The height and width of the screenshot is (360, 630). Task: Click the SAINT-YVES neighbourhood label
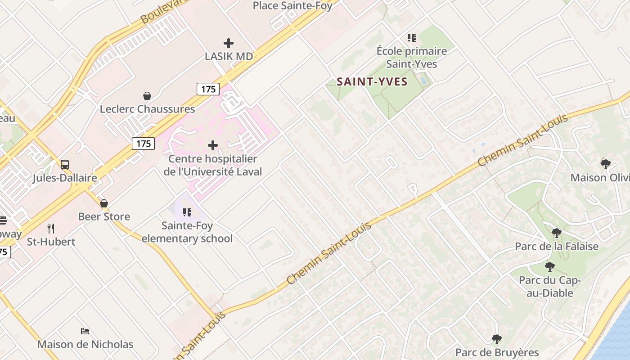point(372,82)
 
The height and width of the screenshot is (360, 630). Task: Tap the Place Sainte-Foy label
point(292,6)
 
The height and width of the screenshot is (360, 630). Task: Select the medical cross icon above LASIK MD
point(229,43)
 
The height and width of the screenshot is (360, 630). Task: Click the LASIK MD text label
point(229,57)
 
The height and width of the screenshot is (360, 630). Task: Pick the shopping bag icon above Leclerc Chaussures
point(147,96)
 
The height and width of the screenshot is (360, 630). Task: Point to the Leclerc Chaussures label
point(147,109)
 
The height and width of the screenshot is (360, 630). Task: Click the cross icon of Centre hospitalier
point(213,145)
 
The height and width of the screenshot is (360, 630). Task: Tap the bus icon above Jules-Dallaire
point(65,165)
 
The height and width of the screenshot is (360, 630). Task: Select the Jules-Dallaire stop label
point(65,178)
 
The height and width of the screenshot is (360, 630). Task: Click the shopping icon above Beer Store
point(104,203)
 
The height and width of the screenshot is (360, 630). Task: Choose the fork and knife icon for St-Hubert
point(51,229)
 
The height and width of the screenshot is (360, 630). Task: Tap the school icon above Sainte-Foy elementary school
point(187,212)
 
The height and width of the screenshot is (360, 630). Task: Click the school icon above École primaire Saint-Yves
point(412,38)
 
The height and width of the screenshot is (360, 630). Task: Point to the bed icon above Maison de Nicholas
point(85,331)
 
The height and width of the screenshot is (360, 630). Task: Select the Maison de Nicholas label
point(85,344)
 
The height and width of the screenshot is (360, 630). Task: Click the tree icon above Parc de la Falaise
point(557,233)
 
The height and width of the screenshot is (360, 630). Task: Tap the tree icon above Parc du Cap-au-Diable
point(549,267)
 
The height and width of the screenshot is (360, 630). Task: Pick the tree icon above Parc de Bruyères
point(497,339)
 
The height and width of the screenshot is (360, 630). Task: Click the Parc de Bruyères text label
point(497,352)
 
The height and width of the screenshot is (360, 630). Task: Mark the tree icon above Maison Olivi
point(606,164)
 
